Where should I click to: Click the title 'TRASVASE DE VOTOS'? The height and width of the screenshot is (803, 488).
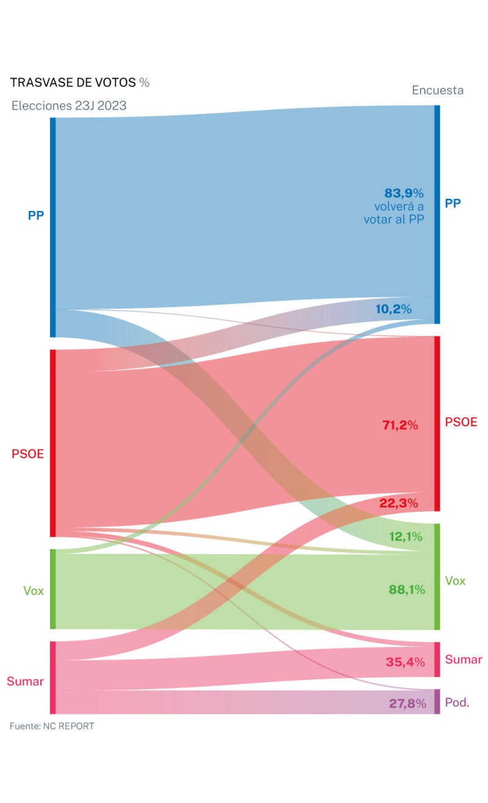coord(73,83)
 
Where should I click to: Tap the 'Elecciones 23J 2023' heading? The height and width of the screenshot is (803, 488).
coord(69,105)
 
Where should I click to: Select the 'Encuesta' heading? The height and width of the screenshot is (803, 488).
coord(437,90)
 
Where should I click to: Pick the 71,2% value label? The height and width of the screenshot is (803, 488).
coord(400,426)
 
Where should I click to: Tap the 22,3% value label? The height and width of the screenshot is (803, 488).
coord(398,503)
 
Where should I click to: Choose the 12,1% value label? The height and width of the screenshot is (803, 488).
coord(406,537)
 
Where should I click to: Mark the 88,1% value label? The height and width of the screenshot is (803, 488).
coord(406,590)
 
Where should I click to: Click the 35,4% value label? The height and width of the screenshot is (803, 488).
coord(405,662)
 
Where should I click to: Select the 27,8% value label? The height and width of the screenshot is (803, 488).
coord(407,703)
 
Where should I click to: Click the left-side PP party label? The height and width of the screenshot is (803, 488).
coord(36,215)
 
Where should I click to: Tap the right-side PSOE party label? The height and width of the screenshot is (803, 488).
coord(461,423)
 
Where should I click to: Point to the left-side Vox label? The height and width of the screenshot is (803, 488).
coord(34,590)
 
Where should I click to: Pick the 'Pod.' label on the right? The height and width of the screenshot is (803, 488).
coord(457,702)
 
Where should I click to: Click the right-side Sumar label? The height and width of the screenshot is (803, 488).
coord(464,660)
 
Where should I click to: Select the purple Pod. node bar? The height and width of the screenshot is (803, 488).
coord(437,702)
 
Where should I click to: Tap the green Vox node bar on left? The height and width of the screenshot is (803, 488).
coord(53,589)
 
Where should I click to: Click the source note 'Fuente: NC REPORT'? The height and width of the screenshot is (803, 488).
coord(52,726)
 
